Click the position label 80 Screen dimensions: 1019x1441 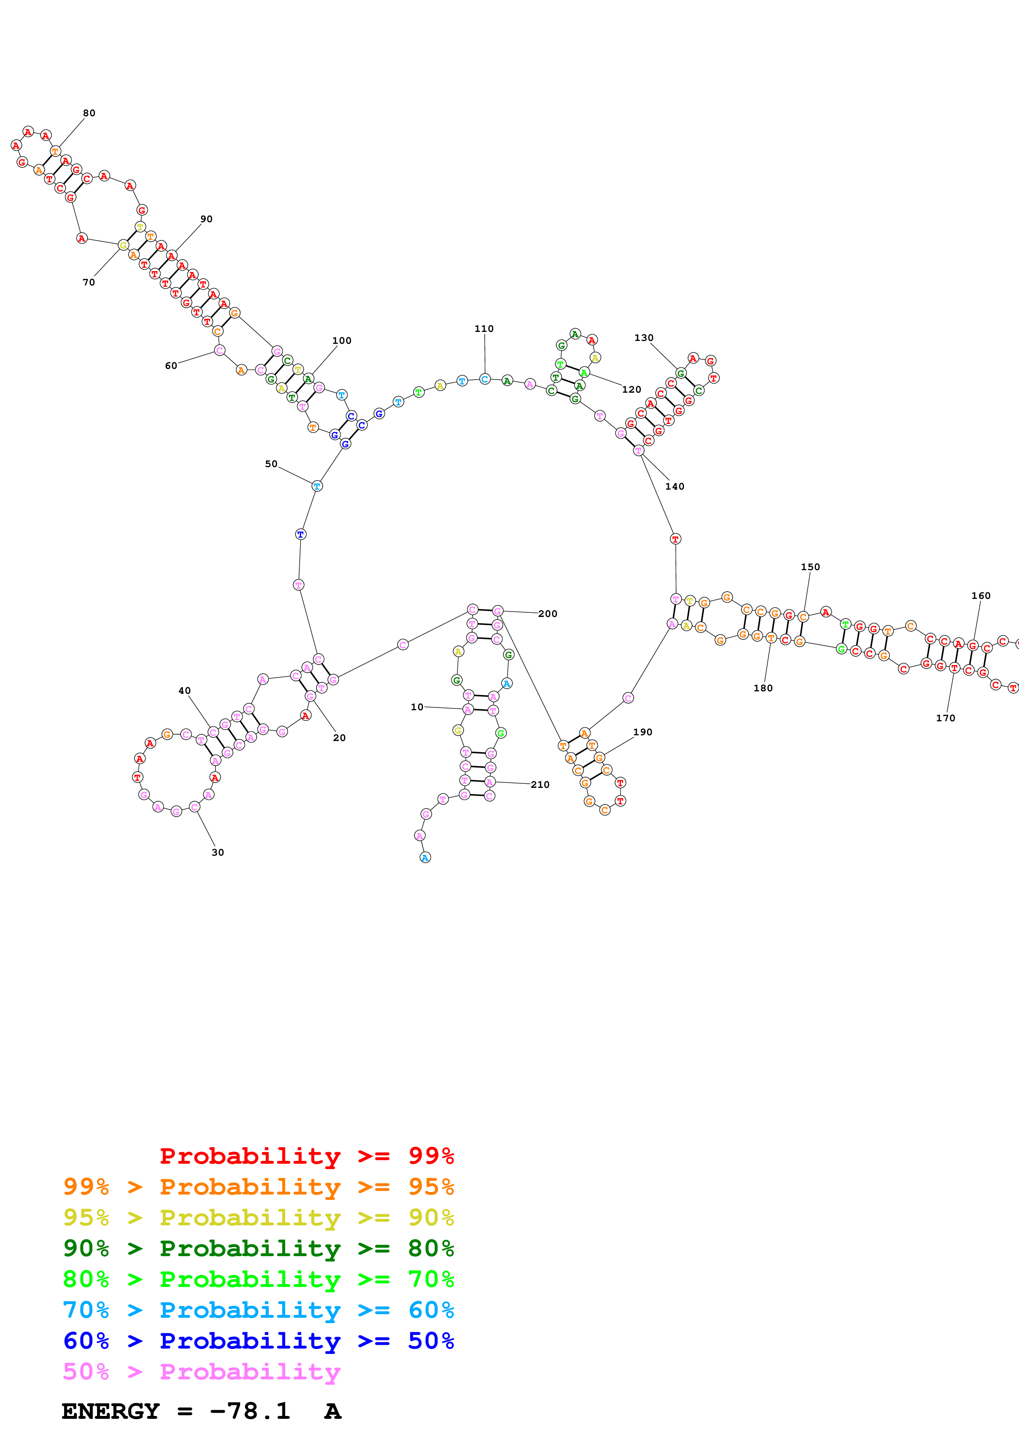[89, 113]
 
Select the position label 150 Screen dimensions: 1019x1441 [810, 567]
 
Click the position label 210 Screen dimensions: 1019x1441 [540, 785]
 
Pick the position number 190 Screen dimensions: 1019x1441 [642, 732]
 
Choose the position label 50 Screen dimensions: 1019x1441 [270, 464]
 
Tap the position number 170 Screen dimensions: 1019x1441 [945, 718]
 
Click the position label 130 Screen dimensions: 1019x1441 [644, 338]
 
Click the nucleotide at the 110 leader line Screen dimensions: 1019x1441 [485, 379]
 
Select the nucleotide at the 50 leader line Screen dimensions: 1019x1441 [317, 486]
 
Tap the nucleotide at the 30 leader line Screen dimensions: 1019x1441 [194, 807]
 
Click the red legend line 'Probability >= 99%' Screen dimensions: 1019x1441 [306, 1156]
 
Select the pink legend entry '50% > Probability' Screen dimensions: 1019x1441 [201, 1371]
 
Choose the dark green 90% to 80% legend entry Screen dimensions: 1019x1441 [258, 1248]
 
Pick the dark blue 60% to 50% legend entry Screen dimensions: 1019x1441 [258, 1341]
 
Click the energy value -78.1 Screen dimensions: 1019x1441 [250, 1411]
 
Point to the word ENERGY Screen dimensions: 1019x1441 [111, 1411]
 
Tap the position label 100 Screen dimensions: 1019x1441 [342, 341]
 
